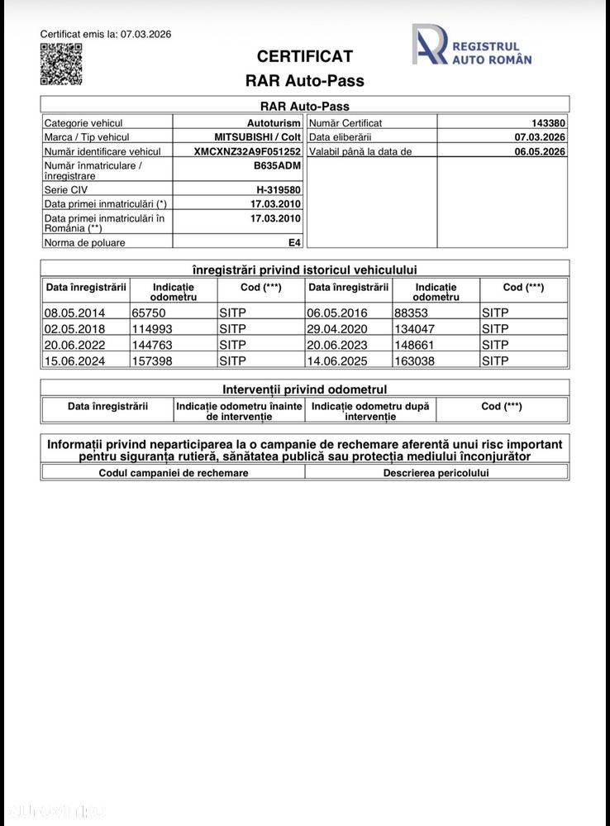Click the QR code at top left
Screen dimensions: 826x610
61,64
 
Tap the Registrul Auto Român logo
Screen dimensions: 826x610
472,45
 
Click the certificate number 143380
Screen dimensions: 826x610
548,122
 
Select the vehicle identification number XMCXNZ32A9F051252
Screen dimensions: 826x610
247,151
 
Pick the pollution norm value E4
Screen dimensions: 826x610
294,242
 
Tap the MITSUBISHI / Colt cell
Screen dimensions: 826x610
257,137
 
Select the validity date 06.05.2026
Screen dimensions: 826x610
540,151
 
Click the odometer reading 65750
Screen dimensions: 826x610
149,313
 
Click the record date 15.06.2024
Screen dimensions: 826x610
74,360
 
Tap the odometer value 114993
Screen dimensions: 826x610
152,328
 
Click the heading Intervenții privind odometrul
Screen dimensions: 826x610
304,389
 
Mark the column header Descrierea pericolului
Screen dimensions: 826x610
436,473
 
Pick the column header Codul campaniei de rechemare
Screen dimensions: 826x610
173,473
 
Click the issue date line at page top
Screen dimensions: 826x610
106,34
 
